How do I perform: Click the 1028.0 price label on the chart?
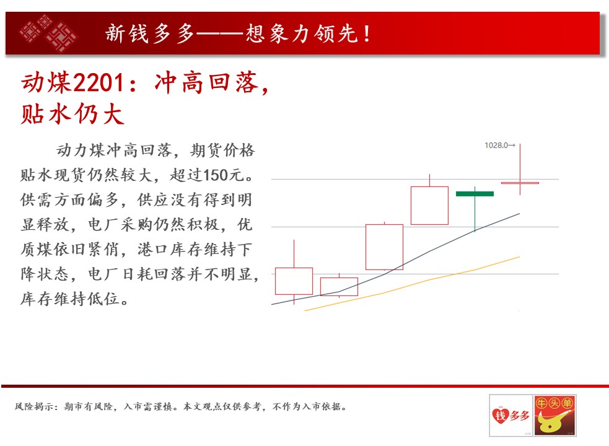(496, 146)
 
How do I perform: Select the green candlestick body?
(475, 193)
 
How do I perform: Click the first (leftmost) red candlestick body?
(294, 281)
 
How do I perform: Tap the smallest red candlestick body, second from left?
(339, 287)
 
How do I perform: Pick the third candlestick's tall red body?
(384, 247)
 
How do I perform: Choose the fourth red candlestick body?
(429, 206)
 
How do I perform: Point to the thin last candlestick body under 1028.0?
(520, 183)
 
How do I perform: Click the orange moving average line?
(412, 284)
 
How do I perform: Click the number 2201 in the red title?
(99, 83)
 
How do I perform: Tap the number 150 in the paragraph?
(216, 175)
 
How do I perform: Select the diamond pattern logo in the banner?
(48, 33)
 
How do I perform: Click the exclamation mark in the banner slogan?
(367, 33)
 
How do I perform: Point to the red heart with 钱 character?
(500, 415)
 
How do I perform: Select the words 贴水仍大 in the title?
(72, 114)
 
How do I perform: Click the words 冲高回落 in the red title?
(207, 83)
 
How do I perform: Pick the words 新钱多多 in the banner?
(149, 33)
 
